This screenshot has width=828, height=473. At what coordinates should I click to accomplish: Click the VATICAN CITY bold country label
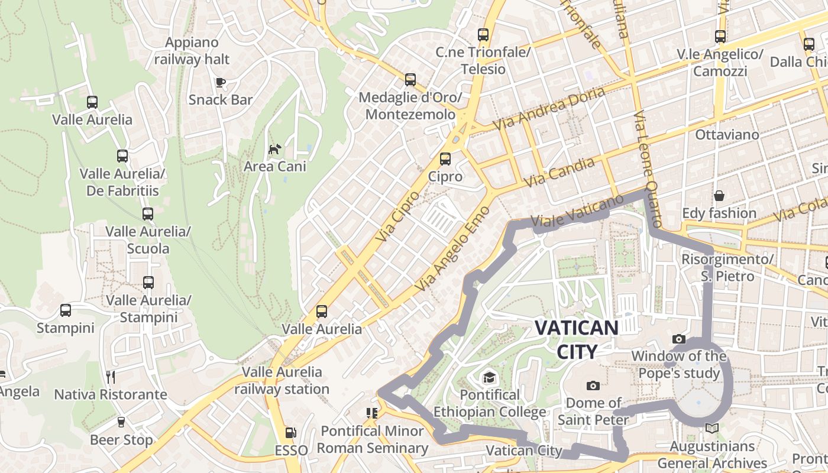click(577, 339)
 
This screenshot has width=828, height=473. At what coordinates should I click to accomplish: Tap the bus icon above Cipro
click(445, 159)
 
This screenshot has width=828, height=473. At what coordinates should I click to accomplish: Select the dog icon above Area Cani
click(274, 149)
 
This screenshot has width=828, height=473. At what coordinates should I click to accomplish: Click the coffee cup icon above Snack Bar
click(221, 82)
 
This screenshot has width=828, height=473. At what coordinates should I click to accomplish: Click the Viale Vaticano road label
click(577, 212)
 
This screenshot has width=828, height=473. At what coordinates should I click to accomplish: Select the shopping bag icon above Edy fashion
click(719, 196)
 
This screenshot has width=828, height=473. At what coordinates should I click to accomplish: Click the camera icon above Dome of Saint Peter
click(593, 386)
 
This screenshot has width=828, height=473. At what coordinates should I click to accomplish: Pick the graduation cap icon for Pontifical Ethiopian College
click(489, 377)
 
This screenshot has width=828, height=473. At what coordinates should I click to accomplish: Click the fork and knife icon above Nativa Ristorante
click(110, 377)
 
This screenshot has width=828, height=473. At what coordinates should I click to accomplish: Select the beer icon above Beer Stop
click(121, 422)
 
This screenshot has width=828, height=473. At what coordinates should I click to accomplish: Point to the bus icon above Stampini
click(66, 310)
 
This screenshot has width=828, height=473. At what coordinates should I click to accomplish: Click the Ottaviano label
click(727, 135)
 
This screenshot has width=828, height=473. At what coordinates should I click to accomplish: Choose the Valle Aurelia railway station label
click(282, 381)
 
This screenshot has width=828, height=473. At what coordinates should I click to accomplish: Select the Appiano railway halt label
click(192, 51)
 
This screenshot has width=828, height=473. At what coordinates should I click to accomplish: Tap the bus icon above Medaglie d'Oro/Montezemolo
click(410, 80)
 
